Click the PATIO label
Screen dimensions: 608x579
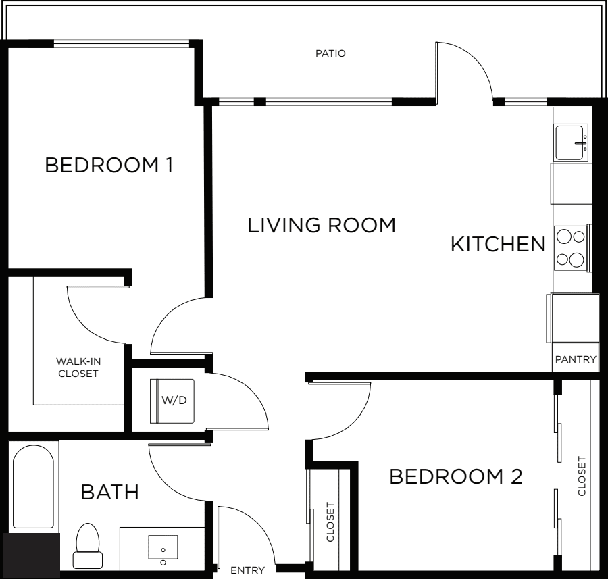tap(330, 53)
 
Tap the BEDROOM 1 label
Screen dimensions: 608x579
tap(109, 166)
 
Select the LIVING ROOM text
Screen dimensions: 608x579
tap(322, 226)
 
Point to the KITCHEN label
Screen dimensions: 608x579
tap(498, 245)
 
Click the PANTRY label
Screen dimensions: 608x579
tap(576, 359)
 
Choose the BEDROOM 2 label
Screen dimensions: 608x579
tap(456, 476)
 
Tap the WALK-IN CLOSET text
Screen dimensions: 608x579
tap(78, 368)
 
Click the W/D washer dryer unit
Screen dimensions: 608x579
tap(172, 401)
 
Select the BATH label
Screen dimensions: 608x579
tap(109, 492)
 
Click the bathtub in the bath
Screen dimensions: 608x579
tap(33, 486)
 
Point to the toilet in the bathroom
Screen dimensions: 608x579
tap(88, 546)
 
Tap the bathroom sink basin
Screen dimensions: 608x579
tap(163, 547)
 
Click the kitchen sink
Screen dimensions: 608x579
tap(570, 143)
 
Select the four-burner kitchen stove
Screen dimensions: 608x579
tap(571, 248)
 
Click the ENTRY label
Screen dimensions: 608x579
tap(247, 570)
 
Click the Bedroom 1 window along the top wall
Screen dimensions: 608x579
tap(122, 43)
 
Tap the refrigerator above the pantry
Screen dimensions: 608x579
tap(573, 318)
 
